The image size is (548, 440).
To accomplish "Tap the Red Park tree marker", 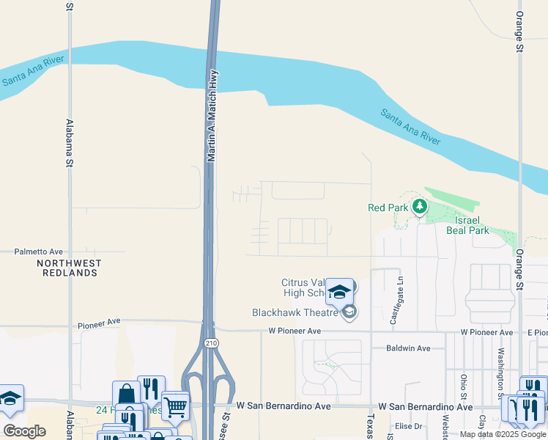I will tap(419, 207).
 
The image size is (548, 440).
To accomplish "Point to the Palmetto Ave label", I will tap(39, 252).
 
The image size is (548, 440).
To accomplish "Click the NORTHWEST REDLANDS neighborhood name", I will tap(69, 268).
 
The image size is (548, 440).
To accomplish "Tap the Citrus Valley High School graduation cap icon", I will tap(339, 291).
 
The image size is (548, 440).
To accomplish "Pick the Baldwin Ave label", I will tap(408, 348).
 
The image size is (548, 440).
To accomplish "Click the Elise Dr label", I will tap(409, 426).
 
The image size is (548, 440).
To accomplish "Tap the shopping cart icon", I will tap(175, 406).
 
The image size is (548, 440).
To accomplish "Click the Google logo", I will tap(24, 431).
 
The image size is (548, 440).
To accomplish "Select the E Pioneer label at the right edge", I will tap(538, 332).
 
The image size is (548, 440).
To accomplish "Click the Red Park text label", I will tap(388, 208).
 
